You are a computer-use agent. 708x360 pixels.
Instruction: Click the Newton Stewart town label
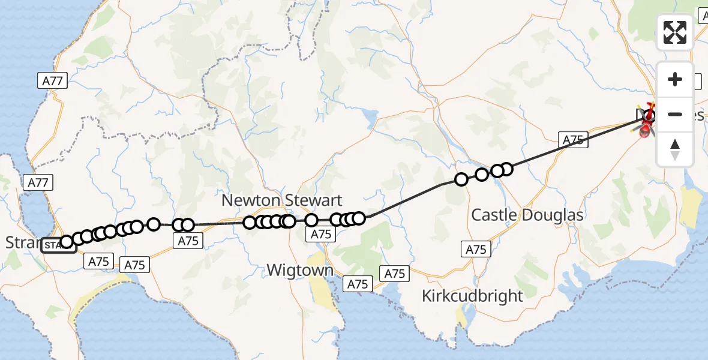282,200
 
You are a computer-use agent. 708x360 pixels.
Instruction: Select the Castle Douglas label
519,215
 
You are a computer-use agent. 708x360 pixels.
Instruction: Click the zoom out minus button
675,114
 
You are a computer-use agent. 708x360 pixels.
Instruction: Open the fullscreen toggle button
675,32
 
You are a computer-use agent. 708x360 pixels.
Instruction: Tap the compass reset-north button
675,149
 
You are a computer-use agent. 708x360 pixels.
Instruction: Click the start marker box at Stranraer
58,245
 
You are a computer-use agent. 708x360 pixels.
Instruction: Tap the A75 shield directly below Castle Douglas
476,250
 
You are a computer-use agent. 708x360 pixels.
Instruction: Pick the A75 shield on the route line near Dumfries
572,140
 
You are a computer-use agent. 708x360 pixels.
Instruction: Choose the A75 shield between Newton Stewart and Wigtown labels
322,235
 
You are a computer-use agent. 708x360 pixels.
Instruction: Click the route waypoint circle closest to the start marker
67,242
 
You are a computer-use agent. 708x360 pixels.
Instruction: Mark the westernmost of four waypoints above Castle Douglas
461,179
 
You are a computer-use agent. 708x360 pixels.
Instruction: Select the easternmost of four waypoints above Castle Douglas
506,169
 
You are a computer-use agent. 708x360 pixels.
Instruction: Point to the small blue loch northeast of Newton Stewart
370,115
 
